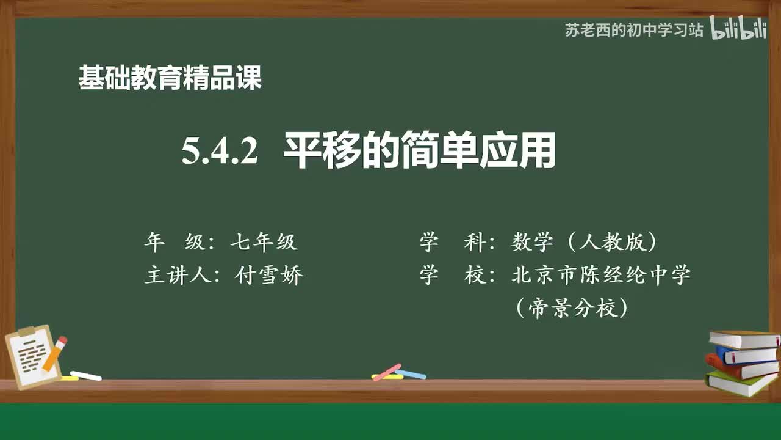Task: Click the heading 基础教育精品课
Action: pyautogui.click(x=170, y=78)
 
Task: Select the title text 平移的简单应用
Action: pyautogui.click(x=419, y=151)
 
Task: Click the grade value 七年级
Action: pyautogui.click(x=264, y=243)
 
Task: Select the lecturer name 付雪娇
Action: pyautogui.click(x=269, y=276)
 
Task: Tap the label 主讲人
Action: pyautogui.click(x=176, y=276)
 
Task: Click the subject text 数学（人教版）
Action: pyautogui.click(x=585, y=243)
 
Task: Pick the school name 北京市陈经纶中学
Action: pyautogui.click(x=601, y=275)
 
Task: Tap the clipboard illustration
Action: pyautogui.click(x=34, y=358)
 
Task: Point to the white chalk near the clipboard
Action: pyautogui.click(x=85, y=375)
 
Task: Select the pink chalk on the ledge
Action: pyautogui.click(x=387, y=372)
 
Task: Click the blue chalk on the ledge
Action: pyautogui.click(x=411, y=373)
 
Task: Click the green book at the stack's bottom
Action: pyautogui.click(x=740, y=384)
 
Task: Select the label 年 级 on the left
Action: pyautogui.click(x=165, y=243)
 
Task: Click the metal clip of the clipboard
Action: pyautogui.click(x=27, y=331)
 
